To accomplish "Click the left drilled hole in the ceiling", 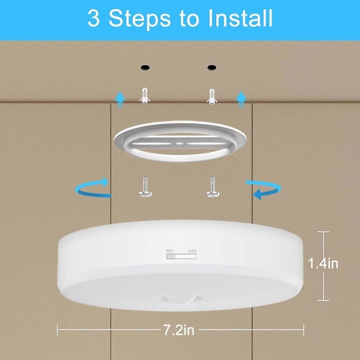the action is click(x=145, y=67).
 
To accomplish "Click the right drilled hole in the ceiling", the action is click(x=212, y=67).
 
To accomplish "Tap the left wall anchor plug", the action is click(x=145, y=95).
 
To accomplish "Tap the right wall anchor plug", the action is click(x=212, y=97).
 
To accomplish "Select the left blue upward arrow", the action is click(x=120, y=100).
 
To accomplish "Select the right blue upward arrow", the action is click(x=241, y=100).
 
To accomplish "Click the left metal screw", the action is click(x=145, y=187).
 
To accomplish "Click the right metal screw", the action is click(x=212, y=187).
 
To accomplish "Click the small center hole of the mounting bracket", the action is click(x=180, y=144).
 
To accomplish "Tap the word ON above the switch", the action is click(x=170, y=250).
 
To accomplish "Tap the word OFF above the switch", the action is click(x=192, y=250).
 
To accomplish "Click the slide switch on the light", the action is click(x=182, y=256).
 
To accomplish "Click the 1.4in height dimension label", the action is click(x=323, y=263).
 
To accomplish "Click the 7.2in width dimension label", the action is click(x=179, y=330).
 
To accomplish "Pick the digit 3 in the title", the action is click(x=94, y=19).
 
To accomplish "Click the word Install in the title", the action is click(x=240, y=19).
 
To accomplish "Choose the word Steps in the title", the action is click(x=140, y=20).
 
